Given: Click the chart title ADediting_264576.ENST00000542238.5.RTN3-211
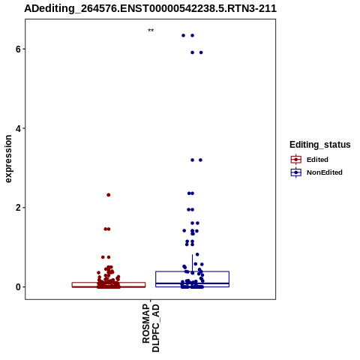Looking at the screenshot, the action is click(x=150, y=8).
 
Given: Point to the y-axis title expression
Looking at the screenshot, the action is click(x=8, y=159).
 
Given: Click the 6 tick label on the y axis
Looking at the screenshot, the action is click(x=18, y=49).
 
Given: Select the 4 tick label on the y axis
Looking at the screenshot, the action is click(x=18, y=128).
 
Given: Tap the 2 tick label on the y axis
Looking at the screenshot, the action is click(x=18, y=208).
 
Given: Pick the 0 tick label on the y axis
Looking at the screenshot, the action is click(x=18, y=287).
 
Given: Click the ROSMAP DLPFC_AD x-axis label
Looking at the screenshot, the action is click(x=151, y=328).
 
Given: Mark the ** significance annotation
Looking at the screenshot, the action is click(x=151, y=31).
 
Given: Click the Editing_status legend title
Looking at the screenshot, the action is click(x=320, y=145).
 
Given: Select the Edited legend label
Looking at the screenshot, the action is click(x=317, y=160).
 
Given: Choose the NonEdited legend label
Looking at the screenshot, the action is click(x=325, y=172).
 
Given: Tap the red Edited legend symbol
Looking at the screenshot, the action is click(x=296, y=160).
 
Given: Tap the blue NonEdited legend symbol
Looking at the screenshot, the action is click(x=296, y=172).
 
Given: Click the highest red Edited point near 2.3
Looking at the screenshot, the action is click(x=109, y=195).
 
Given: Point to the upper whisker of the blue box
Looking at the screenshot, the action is click(x=192, y=262).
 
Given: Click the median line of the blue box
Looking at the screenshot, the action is click(x=192, y=283).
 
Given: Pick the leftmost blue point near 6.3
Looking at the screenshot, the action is click(x=183, y=35).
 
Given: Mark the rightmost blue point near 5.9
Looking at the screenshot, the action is click(x=201, y=52).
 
